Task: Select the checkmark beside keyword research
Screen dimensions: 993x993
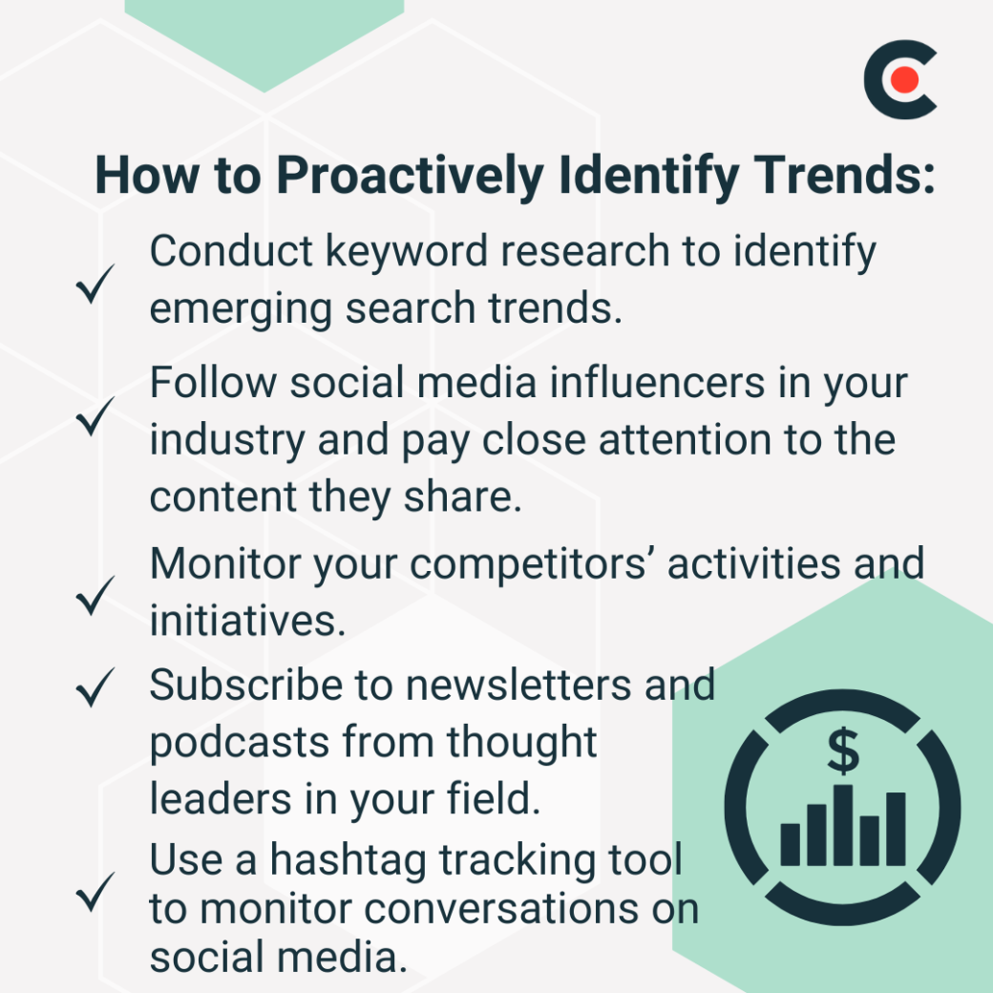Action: click(x=96, y=284)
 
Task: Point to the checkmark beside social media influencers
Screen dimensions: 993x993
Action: click(x=96, y=416)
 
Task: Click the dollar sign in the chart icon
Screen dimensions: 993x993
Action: click(x=842, y=750)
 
